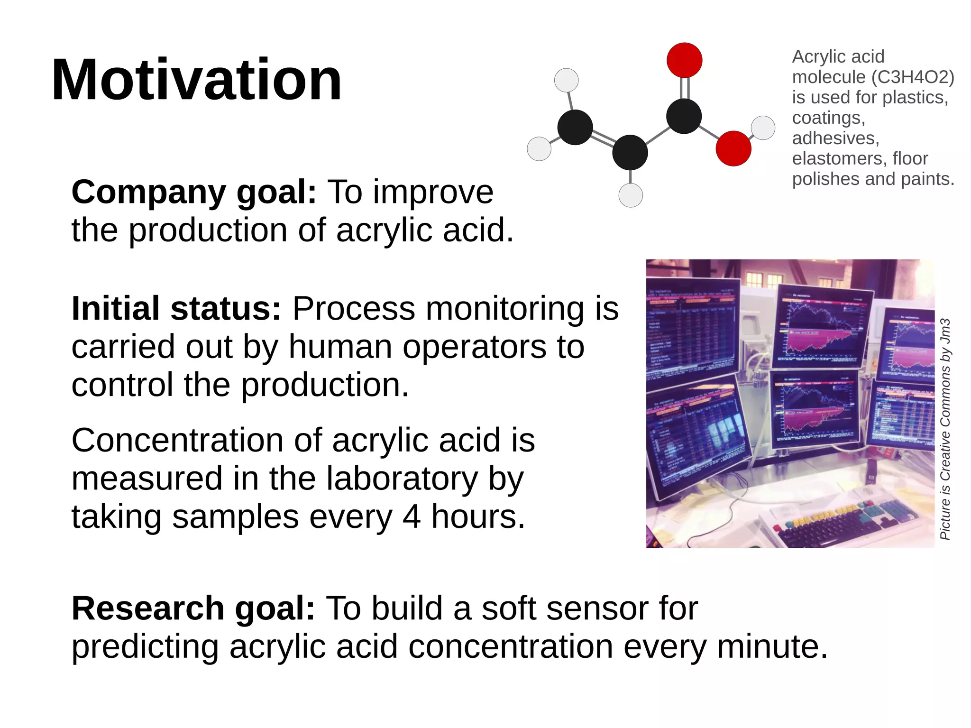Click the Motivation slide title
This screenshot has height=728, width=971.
pos(196,80)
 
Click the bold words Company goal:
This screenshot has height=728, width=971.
pos(193,192)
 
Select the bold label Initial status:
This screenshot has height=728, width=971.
pos(176,309)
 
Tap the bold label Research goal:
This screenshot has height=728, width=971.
pos(193,608)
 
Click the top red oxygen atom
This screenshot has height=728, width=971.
pos(684,60)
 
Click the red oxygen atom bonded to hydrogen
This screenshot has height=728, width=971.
pos(733,148)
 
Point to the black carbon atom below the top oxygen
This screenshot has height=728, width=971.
pos(684,116)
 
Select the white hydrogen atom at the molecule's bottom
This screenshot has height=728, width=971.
pos(631,195)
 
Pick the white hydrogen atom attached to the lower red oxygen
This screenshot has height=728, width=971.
pos(763,128)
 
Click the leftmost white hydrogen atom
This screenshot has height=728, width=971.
pos(539,149)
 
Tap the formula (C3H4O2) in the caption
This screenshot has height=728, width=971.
pos(913,77)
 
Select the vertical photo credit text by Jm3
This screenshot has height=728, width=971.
pos(945,429)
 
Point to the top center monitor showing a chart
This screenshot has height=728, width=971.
pos(823,327)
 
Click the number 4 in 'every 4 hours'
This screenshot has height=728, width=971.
pos(411,516)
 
